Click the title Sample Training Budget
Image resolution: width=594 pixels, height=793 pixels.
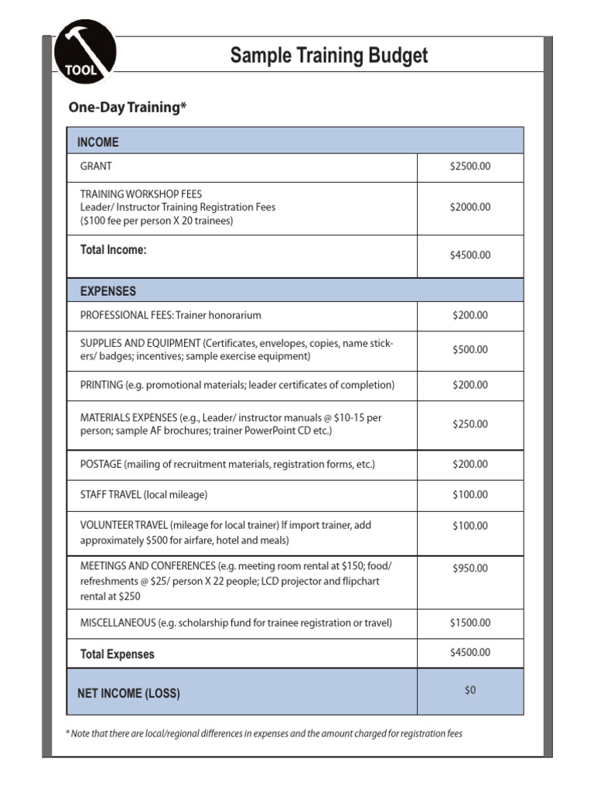(x=329, y=56)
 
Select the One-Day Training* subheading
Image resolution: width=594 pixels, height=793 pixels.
(x=128, y=108)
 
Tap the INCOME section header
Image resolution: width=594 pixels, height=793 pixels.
(x=98, y=142)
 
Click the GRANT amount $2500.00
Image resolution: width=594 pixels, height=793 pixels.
(x=470, y=166)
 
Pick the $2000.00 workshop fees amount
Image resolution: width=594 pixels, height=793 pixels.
(x=470, y=208)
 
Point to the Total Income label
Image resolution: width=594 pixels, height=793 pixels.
(x=114, y=249)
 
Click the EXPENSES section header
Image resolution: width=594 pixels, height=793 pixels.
(x=108, y=291)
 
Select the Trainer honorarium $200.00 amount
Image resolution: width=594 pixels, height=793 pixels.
(x=470, y=315)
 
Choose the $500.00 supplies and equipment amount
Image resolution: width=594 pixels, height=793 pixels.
(x=470, y=350)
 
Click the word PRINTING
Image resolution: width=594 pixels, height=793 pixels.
(x=101, y=385)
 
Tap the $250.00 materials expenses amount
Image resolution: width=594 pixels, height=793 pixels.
(x=470, y=424)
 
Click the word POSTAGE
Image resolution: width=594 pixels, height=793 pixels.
(x=101, y=465)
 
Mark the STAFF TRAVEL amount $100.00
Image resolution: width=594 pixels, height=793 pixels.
(x=470, y=495)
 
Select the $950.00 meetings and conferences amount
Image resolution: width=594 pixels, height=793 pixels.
(x=470, y=568)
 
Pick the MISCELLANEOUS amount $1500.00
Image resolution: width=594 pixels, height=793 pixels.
(x=470, y=623)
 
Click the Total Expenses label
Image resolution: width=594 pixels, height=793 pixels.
(x=118, y=654)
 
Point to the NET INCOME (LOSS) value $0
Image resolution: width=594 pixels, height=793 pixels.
(x=470, y=690)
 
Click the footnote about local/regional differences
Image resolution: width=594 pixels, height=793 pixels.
(x=265, y=733)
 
